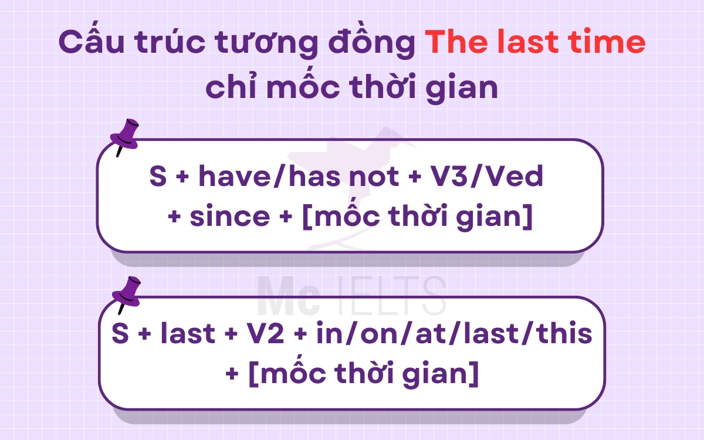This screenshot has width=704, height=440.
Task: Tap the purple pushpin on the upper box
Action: click(x=125, y=136)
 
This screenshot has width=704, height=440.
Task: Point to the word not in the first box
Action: click(x=368, y=177)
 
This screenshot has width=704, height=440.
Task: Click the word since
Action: click(x=231, y=217)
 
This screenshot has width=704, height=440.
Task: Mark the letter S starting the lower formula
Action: click(x=120, y=334)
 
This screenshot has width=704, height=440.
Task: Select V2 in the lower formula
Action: click(x=264, y=334)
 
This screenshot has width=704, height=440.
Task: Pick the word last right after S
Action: click(x=188, y=334)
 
